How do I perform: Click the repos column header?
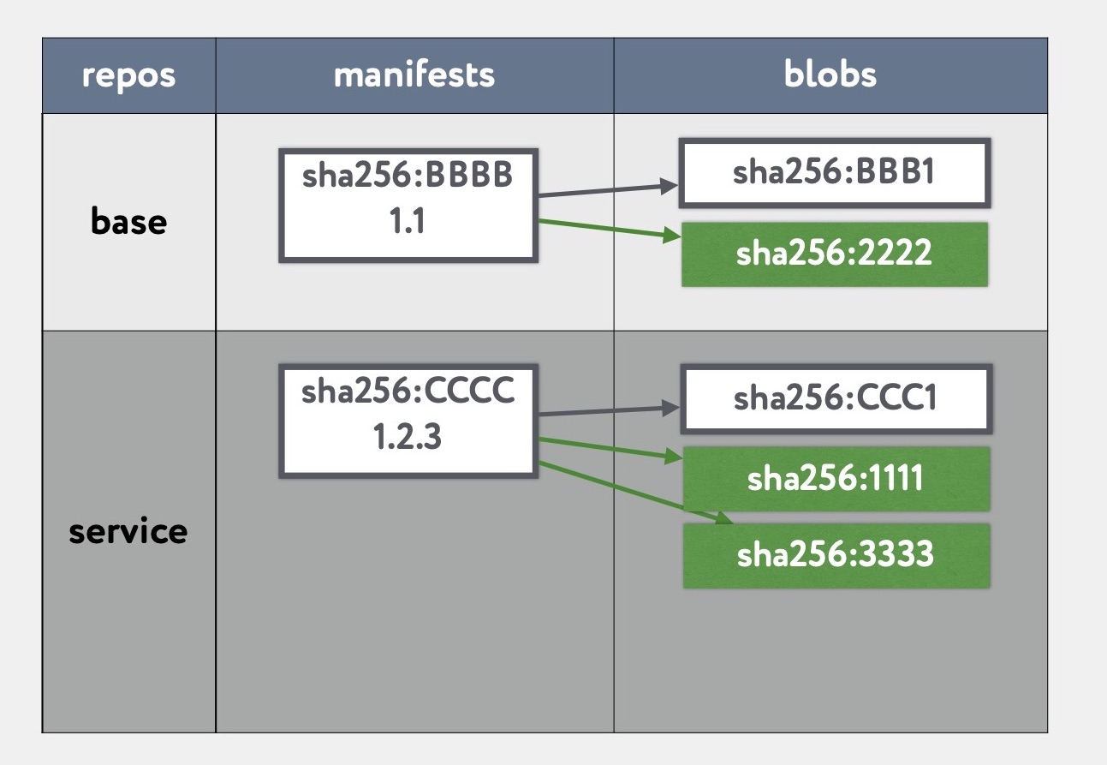[128, 75]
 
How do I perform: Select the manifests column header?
[414, 75]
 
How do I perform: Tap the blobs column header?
[830, 75]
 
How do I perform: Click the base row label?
[128, 222]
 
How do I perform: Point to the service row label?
[128, 531]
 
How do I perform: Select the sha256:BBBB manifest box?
[408, 206]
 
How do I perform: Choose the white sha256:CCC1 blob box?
[835, 398]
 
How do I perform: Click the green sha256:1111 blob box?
[835, 478]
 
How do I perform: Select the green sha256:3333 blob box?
[835, 555]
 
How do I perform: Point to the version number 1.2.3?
[408, 438]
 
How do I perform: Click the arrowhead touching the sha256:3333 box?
[723, 519]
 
